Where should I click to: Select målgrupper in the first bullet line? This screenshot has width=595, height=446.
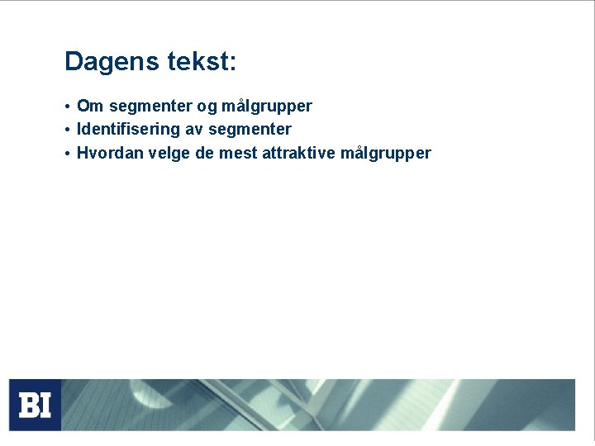tap(267, 107)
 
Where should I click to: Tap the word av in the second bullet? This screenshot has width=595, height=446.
tap(193, 130)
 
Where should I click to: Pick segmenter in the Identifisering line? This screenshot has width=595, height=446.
tap(250, 130)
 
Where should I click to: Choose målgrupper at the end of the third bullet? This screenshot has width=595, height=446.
tap(385, 154)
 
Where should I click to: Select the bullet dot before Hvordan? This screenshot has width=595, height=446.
tap(67, 154)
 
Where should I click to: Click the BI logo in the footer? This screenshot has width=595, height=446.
tap(35, 405)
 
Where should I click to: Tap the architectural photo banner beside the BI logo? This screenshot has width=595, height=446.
tap(318, 405)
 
